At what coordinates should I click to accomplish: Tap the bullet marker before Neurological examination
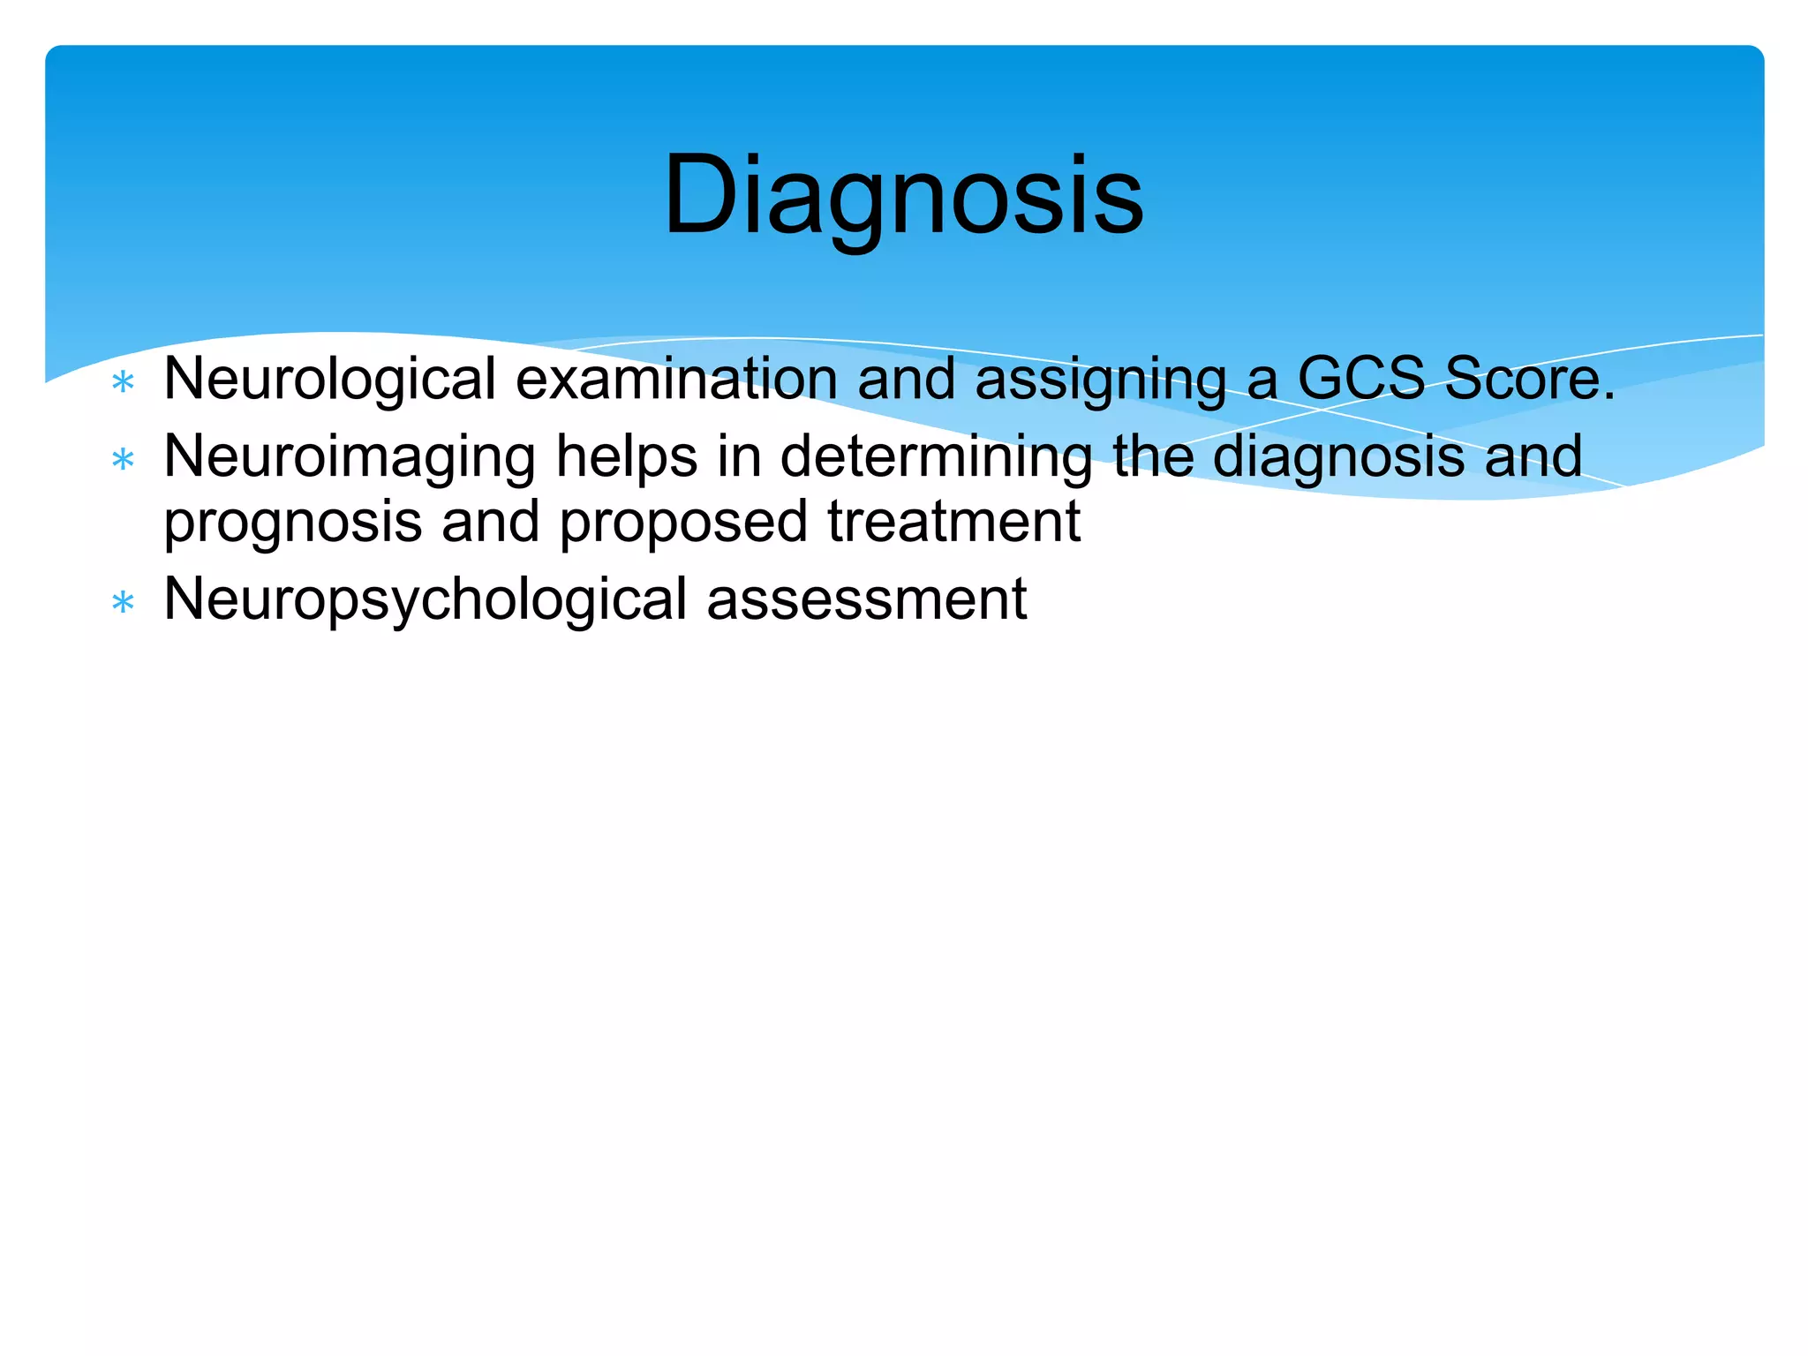point(124,383)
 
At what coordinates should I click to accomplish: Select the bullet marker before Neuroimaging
point(124,460)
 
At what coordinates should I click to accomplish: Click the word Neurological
point(330,380)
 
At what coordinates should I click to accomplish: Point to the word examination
point(676,380)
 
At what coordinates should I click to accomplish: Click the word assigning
point(1100,380)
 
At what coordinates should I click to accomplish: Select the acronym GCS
point(1360,378)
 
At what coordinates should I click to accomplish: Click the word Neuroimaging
point(350,457)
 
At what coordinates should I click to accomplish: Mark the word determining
point(936,457)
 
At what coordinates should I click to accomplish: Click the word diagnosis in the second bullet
point(1338,457)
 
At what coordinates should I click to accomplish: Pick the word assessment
point(867,599)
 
